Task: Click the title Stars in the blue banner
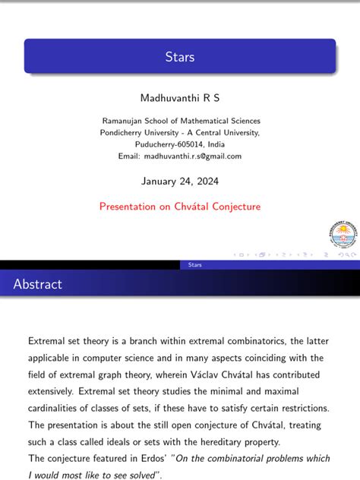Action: [x=180, y=57]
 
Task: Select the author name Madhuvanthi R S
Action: [x=179, y=98]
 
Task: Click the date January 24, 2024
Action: [x=179, y=182]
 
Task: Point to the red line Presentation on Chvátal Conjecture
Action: [x=180, y=206]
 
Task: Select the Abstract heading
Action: [x=38, y=284]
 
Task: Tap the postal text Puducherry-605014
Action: [x=168, y=144]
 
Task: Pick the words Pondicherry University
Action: [x=141, y=132]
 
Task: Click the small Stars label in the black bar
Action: [x=194, y=264]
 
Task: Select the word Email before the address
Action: [x=129, y=156]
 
